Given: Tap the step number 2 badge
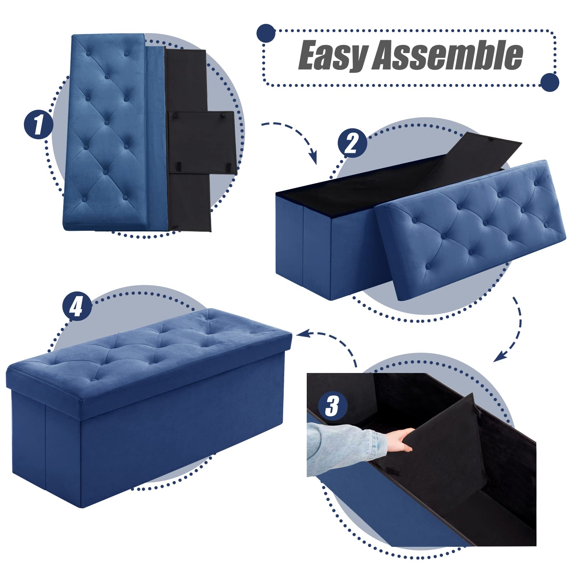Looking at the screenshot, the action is pyautogui.click(x=352, y=143).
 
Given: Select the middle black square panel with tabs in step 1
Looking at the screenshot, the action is pyautogui.click(x=201, y=142).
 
